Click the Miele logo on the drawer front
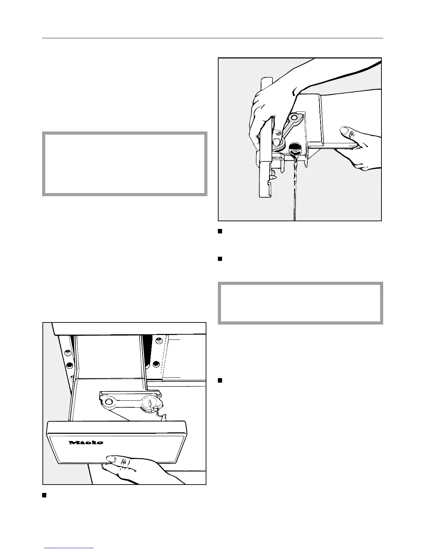point(86,442)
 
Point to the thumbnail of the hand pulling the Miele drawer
point(111,459)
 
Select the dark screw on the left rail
point(69,365)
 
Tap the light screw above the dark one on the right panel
point(159,342)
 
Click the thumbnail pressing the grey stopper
point(277,141)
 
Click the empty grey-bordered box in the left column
point(125,163)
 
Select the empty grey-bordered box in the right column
point(300,303)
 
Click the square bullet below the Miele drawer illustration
point(44,495)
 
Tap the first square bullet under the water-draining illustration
point(220,232)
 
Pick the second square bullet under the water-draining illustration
point(220,259)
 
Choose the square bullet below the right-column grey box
point(220,380)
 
